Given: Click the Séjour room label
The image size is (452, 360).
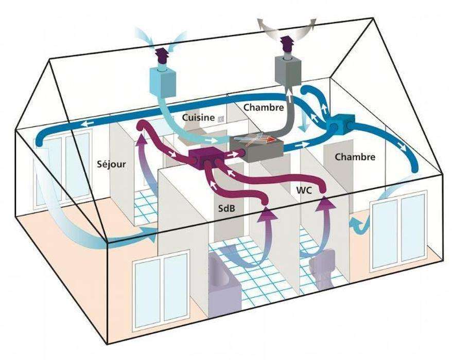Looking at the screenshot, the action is point(111,164).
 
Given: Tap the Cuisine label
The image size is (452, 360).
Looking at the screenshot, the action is point(198,117).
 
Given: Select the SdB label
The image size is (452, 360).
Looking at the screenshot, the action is point(227,208).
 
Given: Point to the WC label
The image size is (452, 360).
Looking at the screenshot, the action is point(304,190).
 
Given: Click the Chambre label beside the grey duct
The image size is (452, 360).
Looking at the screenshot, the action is point(264,107).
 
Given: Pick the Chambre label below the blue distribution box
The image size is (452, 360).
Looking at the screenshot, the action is point(355,157).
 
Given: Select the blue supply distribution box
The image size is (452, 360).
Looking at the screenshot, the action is point(341,124).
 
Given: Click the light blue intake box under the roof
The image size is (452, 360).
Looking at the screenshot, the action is point(163,83).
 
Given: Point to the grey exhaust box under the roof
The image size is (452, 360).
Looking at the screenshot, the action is point(288,71).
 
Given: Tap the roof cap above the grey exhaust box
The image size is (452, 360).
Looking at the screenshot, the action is point(287,43).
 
